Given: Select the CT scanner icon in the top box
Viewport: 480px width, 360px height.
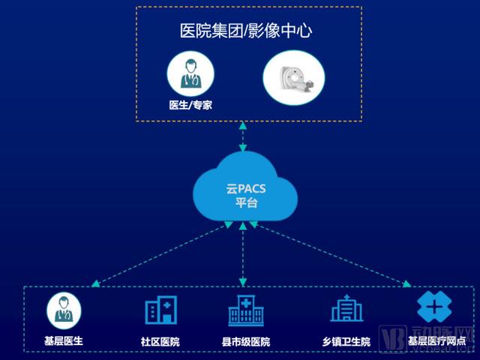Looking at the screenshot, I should [294, 78].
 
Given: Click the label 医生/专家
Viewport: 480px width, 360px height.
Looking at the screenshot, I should [190, 106].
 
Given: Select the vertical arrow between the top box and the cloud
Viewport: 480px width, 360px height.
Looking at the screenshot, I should [243, 137].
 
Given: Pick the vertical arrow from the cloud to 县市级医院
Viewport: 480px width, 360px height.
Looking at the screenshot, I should [243, 255].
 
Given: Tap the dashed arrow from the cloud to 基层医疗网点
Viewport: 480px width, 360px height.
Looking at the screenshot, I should [330, 255].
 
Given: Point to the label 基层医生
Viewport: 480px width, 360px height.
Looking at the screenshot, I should [63, 341].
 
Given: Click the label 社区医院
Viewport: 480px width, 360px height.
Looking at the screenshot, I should [160, 342].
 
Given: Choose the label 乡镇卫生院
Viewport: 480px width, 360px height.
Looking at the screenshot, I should [346, 342].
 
